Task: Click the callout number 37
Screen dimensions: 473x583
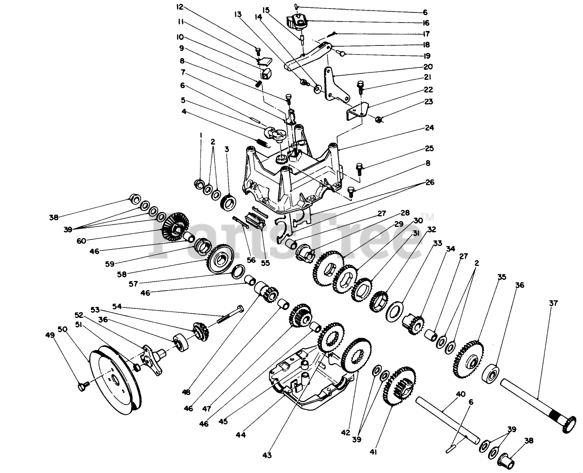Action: [x=554, y=303]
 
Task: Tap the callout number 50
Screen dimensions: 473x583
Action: [x=62, y=329]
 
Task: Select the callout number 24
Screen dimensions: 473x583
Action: [x=429, y=128]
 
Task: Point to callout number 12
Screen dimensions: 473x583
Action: [x=179, y=7]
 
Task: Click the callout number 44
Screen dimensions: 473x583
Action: [x=241, y=434]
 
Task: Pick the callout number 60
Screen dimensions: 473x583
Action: [x=81, y=240]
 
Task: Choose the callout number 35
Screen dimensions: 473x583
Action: [x=502, y=277]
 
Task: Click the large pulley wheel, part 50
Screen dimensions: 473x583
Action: [x=115, y=381]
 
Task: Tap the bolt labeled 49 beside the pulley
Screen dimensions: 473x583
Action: [x=82, y=388]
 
